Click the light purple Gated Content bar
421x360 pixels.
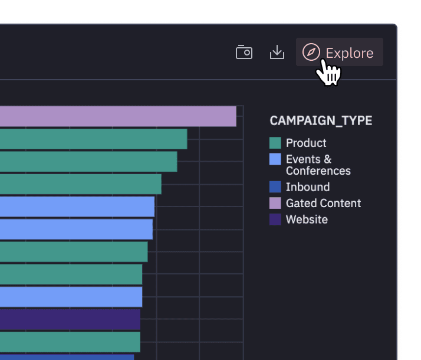[118, 116]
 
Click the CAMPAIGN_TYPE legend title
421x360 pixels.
[321, 120]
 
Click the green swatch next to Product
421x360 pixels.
[275, 143]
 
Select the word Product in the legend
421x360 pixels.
[306, 143]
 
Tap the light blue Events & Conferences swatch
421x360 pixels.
[275, 159]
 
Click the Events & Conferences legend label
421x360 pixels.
[318, 165]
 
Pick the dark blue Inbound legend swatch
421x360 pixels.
[275, 187]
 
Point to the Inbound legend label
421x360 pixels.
[308, 187]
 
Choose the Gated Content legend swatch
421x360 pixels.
[275, 203]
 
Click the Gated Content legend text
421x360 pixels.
[323, 203]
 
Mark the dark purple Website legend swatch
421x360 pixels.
[275, 220]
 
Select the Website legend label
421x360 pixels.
[307, 220]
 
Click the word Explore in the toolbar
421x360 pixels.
[350, 53]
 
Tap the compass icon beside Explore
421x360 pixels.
[311, 53]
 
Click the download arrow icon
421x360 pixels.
[277, 53]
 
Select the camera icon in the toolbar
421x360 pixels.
[244, 53]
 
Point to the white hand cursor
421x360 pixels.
[328, 73]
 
